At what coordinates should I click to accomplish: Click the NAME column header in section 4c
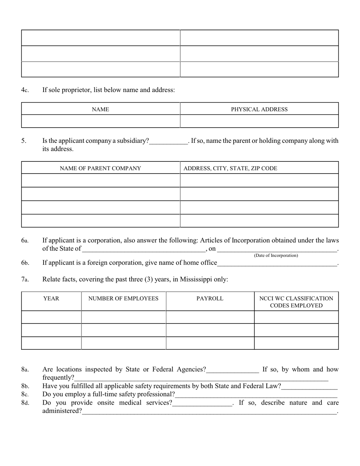click(100, 109)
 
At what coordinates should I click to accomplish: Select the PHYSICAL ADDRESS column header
click(259, 109)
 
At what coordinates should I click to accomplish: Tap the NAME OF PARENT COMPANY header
click(100, 168)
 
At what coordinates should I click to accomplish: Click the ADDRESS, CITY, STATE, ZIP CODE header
click(230, 168)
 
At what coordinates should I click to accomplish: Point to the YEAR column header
click(51, 299)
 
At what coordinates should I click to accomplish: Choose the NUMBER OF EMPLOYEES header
click(123, 299)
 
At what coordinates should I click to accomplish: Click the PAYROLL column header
click(210, 299)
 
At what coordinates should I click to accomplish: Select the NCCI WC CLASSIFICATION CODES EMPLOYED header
click(296, 302)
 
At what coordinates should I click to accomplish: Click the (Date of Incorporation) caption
click(276, 256)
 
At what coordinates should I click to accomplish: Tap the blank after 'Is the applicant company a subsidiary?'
click(168, 141)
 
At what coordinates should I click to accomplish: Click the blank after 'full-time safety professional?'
click(256, 395)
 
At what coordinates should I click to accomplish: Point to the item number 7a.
click(25, 280)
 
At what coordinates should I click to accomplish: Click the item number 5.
click(24, 141)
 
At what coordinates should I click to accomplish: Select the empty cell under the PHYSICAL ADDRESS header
click(259, 121)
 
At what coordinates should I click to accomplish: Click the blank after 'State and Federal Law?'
click(309, 386)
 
